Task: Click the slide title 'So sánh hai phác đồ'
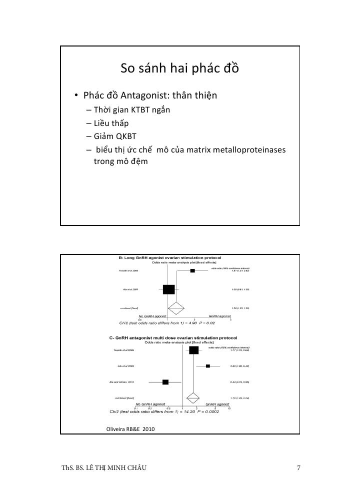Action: [x=180, y=68]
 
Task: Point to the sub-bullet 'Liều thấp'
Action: [x=110, y=123]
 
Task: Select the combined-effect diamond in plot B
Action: [x=175, y=308]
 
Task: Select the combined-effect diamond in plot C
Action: [x=193, y=398]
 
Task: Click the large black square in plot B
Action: [x=169, y=289]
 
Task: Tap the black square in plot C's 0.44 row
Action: [x=165, y=382]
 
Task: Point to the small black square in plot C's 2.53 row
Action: [x=208, y=366]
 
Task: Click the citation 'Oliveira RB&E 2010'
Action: [x=127, y=429]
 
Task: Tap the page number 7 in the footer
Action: [x=298, y=468]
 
